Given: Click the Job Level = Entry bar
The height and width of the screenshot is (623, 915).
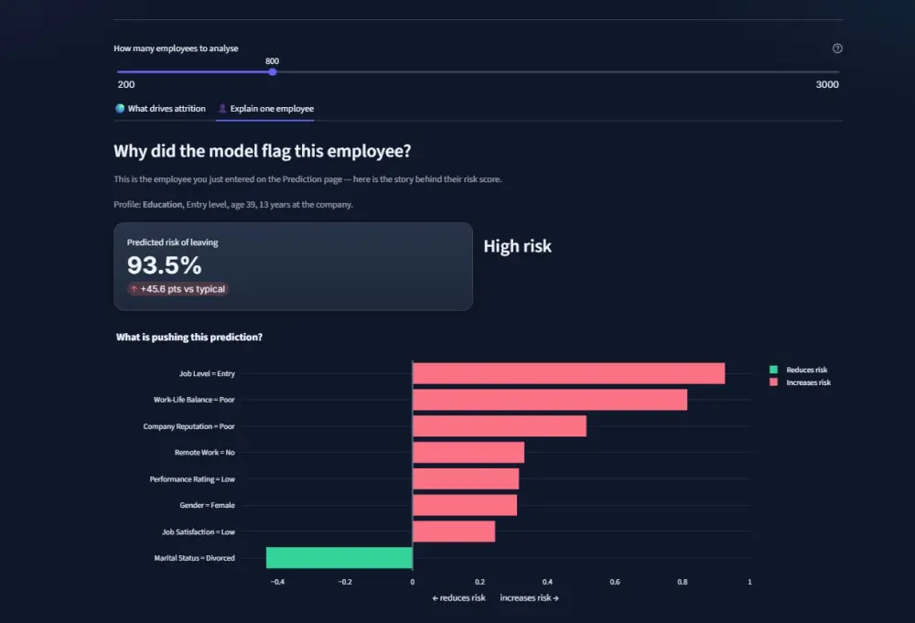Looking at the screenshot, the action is click(568, 373).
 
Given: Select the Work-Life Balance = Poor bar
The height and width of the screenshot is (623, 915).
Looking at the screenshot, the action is click(550, 400).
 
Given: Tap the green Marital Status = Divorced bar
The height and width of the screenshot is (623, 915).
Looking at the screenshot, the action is click(339, 558).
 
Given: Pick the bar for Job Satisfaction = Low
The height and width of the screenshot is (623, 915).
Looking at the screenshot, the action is click(454, 532).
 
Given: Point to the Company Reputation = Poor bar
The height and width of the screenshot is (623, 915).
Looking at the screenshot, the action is click(500, 425).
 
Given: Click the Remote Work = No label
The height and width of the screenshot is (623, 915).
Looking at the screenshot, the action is click(204, 452).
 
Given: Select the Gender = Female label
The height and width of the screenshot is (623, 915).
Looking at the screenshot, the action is click(207, 505).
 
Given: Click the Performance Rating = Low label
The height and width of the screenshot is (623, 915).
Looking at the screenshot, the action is click(192, 479).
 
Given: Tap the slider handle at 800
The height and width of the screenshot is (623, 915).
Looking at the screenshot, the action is click(273, 71).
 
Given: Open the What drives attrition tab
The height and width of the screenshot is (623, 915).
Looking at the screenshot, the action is click(160, 109).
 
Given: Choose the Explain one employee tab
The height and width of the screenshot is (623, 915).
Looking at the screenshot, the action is click(265, 109).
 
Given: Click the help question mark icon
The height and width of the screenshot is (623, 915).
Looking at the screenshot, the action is click(837, 48).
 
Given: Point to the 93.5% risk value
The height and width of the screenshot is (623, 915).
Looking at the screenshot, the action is click(165, 265).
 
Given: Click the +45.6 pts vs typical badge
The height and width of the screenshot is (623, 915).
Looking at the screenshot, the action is click(178, 289).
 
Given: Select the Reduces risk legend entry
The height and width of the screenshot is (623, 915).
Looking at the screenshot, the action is click(799, 370).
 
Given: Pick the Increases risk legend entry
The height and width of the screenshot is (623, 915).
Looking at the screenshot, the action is click(800, 382).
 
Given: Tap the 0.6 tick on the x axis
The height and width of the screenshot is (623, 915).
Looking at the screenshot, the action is click(615, 582).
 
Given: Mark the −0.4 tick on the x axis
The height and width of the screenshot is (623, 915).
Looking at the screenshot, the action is click(278, 582).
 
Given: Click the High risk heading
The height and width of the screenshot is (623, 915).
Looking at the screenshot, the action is click(517, 246).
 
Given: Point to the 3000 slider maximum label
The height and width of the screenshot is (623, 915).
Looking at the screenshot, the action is click(827, 84).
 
